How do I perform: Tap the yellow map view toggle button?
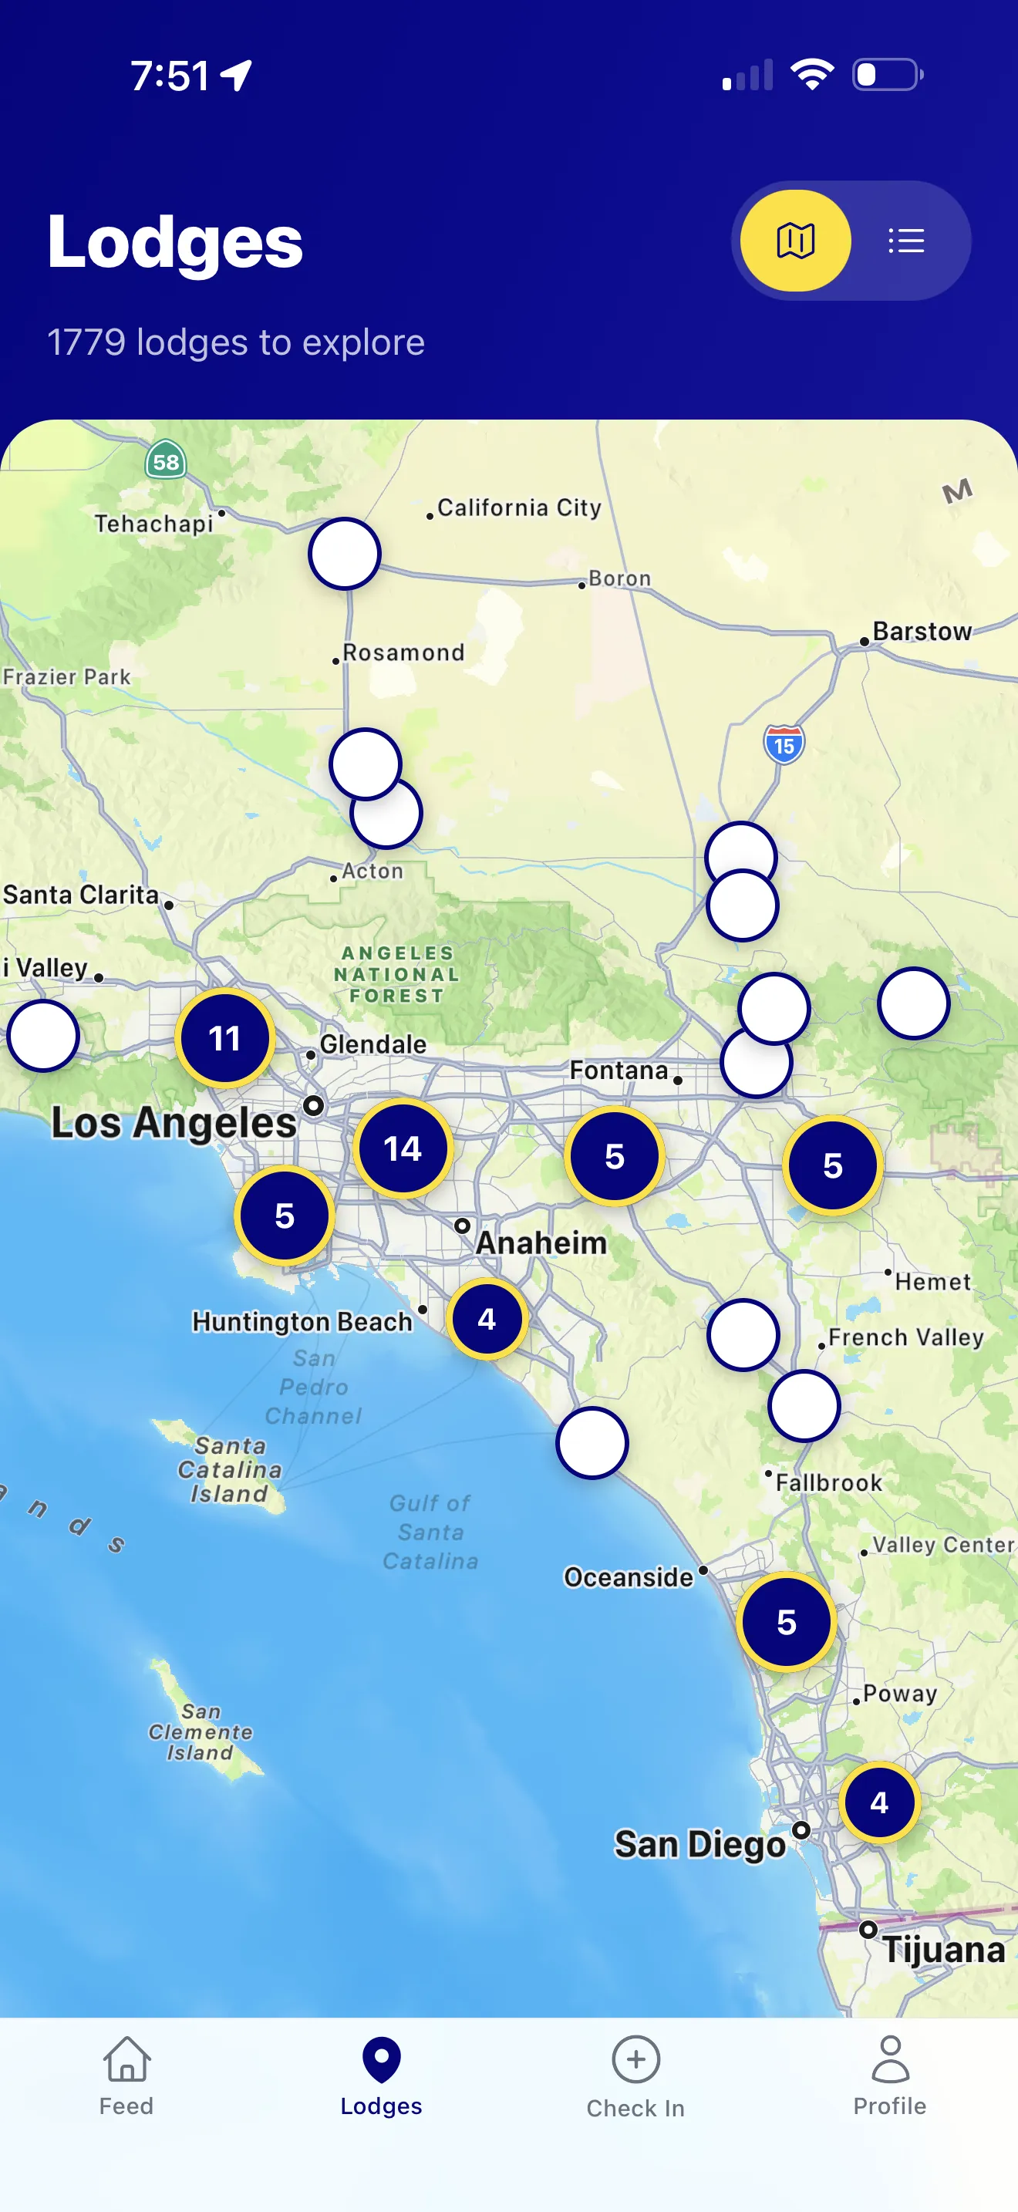(795, 241)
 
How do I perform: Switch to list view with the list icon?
(905, 241)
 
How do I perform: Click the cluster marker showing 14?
(403, 1148)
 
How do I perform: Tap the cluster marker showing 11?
(225, 1038)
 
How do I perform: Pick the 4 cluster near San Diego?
(879, 1802)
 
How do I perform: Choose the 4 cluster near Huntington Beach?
(487, 1318)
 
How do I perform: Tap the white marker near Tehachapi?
(344, 554)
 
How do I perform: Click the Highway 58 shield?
(166, 461)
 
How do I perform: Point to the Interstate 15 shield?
(784, 744)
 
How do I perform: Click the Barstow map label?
(921, 631)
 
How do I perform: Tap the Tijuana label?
(942, 1949)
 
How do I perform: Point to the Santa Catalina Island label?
(229, 1469)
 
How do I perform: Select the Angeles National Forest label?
(396, 975)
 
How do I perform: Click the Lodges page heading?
(175, 242)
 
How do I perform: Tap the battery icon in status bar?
(887, 75)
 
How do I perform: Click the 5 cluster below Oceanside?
(786, 1622)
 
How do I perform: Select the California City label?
(518, 507)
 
